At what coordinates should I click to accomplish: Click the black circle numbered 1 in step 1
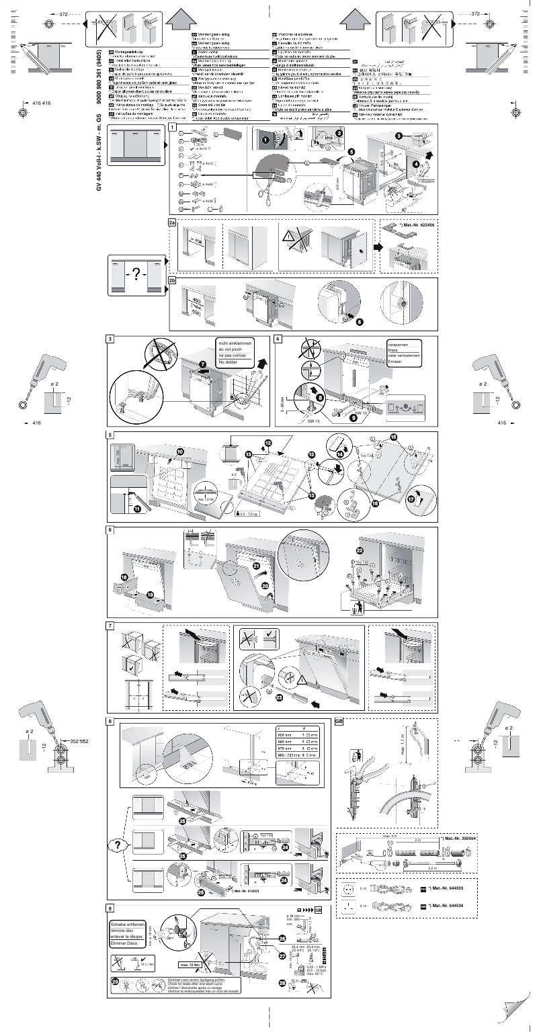265,140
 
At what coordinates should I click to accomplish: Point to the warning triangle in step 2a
290,236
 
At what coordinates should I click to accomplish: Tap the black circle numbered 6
359,322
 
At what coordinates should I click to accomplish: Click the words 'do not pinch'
232,351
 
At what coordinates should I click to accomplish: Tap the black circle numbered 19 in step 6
150,595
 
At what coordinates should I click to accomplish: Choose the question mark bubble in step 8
118,845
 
